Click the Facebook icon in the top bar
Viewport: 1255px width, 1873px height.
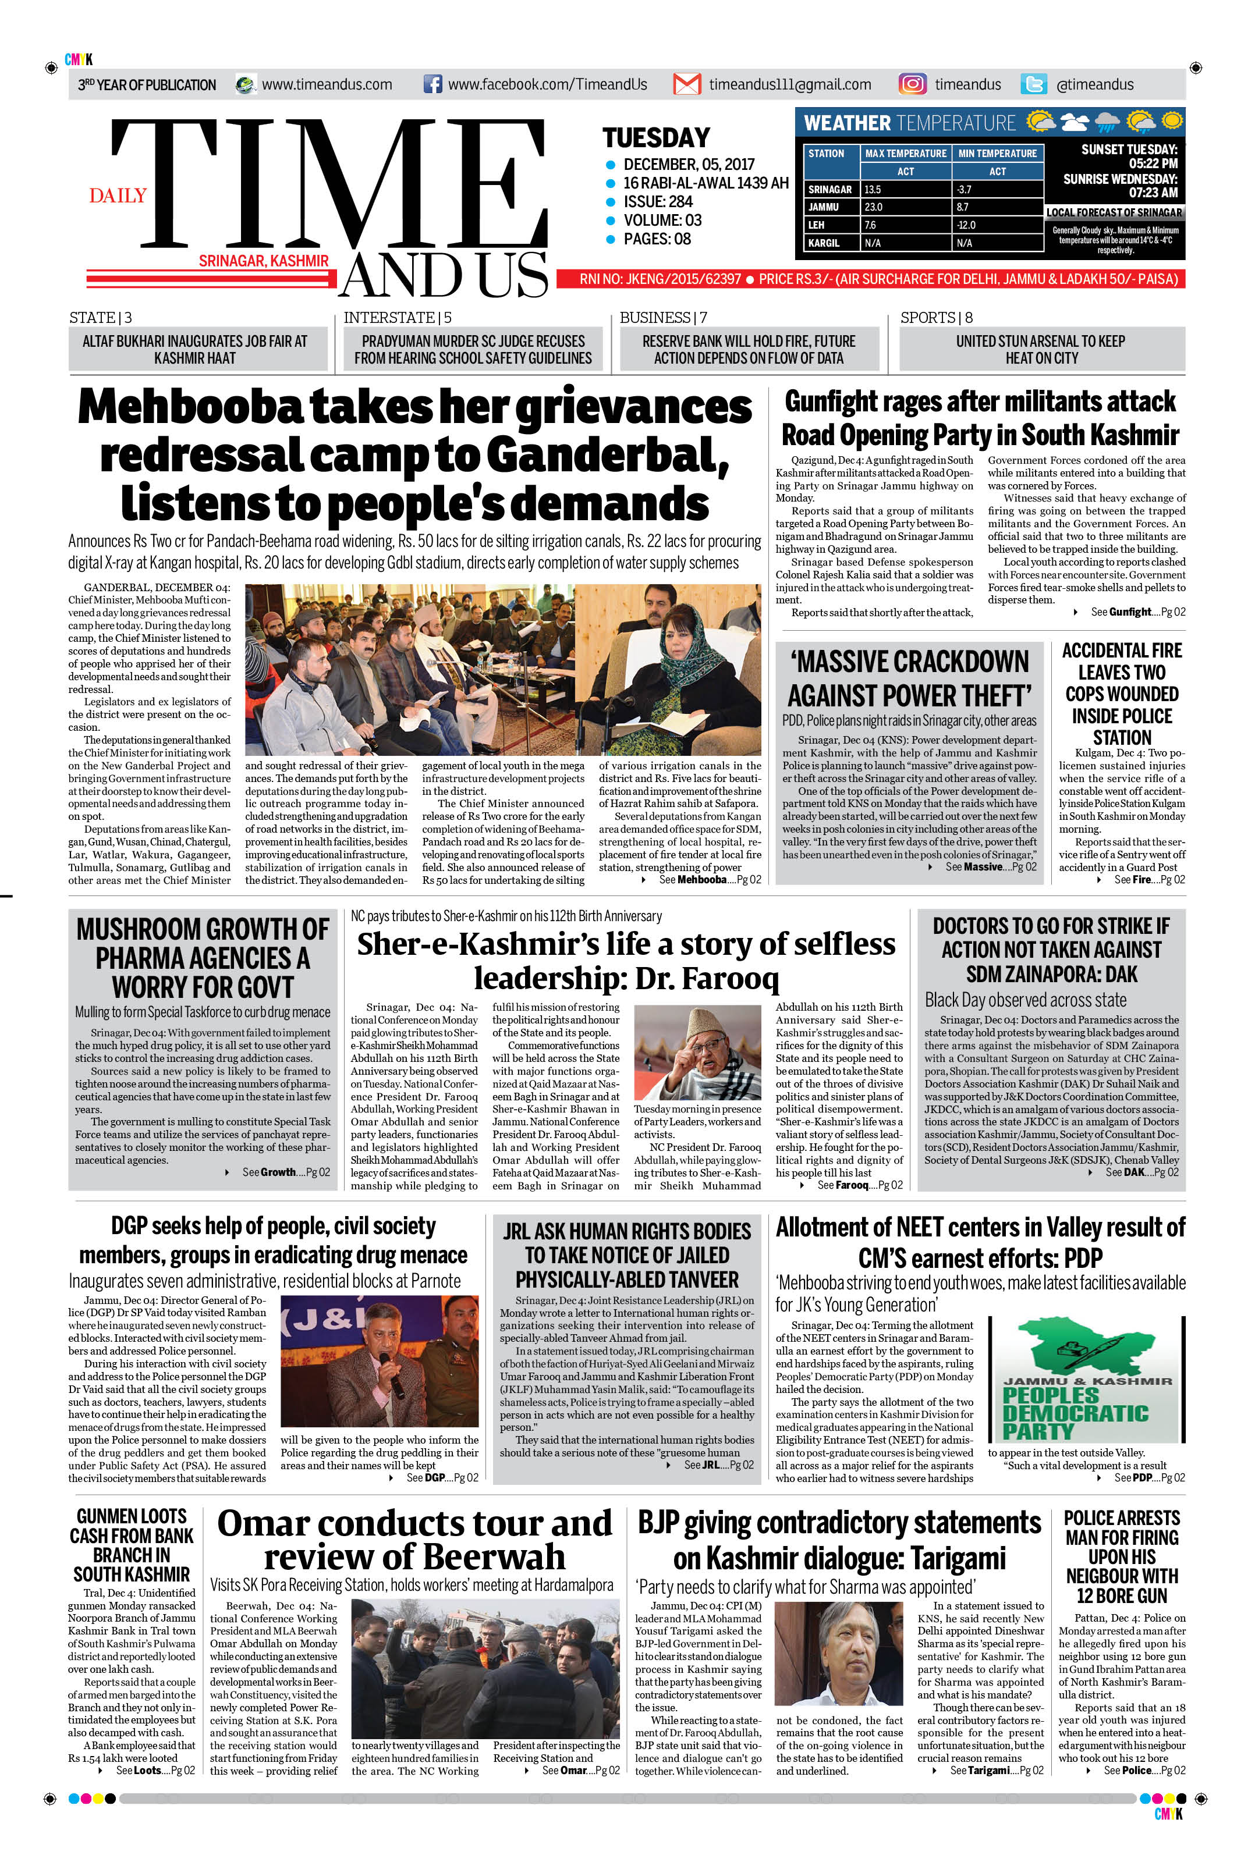click(432, 84)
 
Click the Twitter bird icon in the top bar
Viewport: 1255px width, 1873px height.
click(1033, 84)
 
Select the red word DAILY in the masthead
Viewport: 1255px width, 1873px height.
click(118, 196)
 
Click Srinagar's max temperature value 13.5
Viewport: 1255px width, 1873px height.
click(873, 190)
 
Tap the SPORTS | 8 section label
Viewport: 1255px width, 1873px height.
click(937, 318)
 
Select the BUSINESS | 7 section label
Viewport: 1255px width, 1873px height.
click(662, 318)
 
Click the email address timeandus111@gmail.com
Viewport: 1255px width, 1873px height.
click(789, 84)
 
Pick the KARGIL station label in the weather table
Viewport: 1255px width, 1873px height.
click(824, 243)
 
